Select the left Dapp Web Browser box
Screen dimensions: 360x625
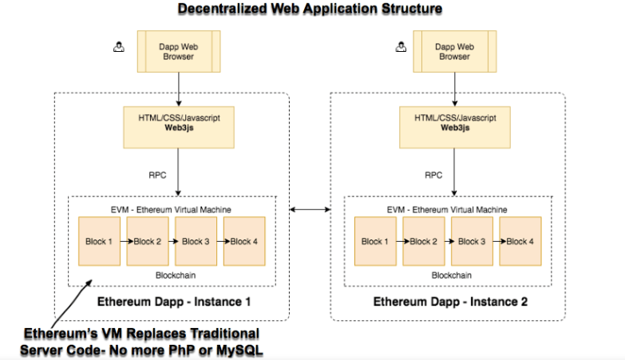[x=178, y=52]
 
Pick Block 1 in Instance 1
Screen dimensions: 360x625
[x=100, y=241]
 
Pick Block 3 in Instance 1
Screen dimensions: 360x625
[x=196, y=241]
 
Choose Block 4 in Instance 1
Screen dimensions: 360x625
[x=243, y=241]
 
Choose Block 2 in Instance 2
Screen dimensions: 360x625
[x=422, y=241]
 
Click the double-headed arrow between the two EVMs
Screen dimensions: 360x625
[x=310, y=210]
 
